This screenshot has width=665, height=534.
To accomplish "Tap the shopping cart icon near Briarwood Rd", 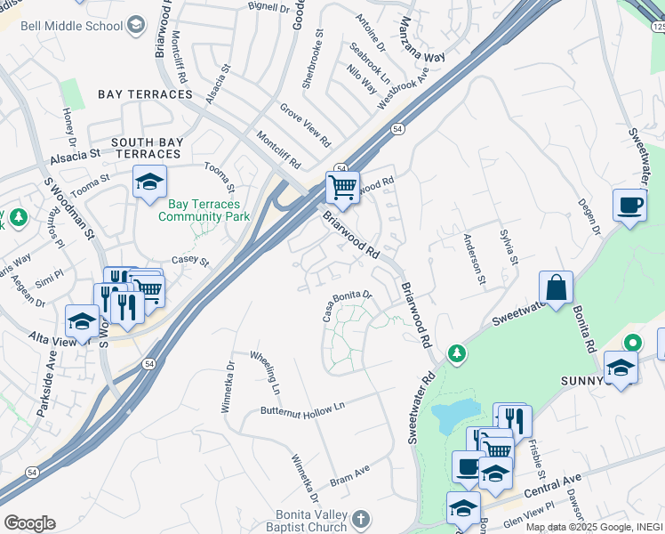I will (x=342, y=187).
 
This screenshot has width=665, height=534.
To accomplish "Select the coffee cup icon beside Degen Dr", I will (x=629, y=206).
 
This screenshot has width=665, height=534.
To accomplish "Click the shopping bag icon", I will (x=556, y=287).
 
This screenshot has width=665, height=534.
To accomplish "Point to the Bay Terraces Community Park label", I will (x=204, y=209).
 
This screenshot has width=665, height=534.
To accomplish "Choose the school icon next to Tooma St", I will (x=149, y=182).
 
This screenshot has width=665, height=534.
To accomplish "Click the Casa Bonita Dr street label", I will (x=346, y=305).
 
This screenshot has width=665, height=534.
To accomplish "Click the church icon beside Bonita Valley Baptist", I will (x=360, y=518).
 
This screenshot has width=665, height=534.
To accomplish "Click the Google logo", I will (x=29, y=523).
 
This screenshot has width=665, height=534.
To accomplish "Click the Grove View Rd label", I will (x=305, y=125).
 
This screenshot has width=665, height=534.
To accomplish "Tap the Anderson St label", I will (x=473, y=261).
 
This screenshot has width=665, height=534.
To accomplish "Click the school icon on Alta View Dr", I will (x=82, y=321).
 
